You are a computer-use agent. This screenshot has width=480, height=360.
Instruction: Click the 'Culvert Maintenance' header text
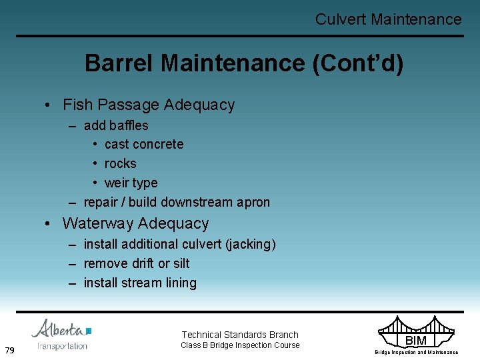(x=388, y=19)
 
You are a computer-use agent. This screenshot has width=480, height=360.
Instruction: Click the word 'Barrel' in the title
(x=119, y=63)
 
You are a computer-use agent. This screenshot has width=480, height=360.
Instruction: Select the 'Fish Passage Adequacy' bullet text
(x=149, y=105)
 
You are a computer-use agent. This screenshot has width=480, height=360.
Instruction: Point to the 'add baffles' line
(x=116, y=125)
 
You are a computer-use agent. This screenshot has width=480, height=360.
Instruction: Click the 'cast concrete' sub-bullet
(x=144, y=145)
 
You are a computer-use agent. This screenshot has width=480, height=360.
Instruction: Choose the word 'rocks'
(x=120, y=164)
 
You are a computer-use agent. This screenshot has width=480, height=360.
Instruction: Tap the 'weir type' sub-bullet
(x=131, y=183)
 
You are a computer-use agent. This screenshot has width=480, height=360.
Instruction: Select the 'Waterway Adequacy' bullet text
(x=135, y=223)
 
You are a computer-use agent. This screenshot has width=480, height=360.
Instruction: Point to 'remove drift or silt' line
(x=137, y=263)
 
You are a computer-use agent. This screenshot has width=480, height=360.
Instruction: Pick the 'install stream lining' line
(x=140, y=283)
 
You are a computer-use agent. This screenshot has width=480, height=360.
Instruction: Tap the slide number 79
(x=10, y=351)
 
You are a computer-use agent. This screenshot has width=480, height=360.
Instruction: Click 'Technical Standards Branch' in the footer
(x=240, y=335)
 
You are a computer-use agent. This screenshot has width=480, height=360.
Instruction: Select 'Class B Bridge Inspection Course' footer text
(x=240, y=345)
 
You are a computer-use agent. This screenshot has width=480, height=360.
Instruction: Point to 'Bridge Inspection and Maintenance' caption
(x=416, y=352)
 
